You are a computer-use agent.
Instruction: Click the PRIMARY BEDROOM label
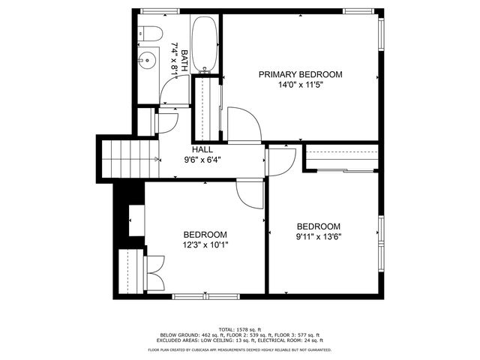tap(300, 74)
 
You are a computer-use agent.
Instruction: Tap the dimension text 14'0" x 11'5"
tap(300, 85)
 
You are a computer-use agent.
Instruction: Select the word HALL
tap(202, 149)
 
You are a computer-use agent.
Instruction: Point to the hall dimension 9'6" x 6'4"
tap(202, 160)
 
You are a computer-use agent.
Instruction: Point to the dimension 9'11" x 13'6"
tap(319, 237)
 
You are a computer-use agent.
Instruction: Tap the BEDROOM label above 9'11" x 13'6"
tap(319, 226)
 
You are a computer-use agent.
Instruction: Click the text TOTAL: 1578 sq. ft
tap(239, 329)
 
